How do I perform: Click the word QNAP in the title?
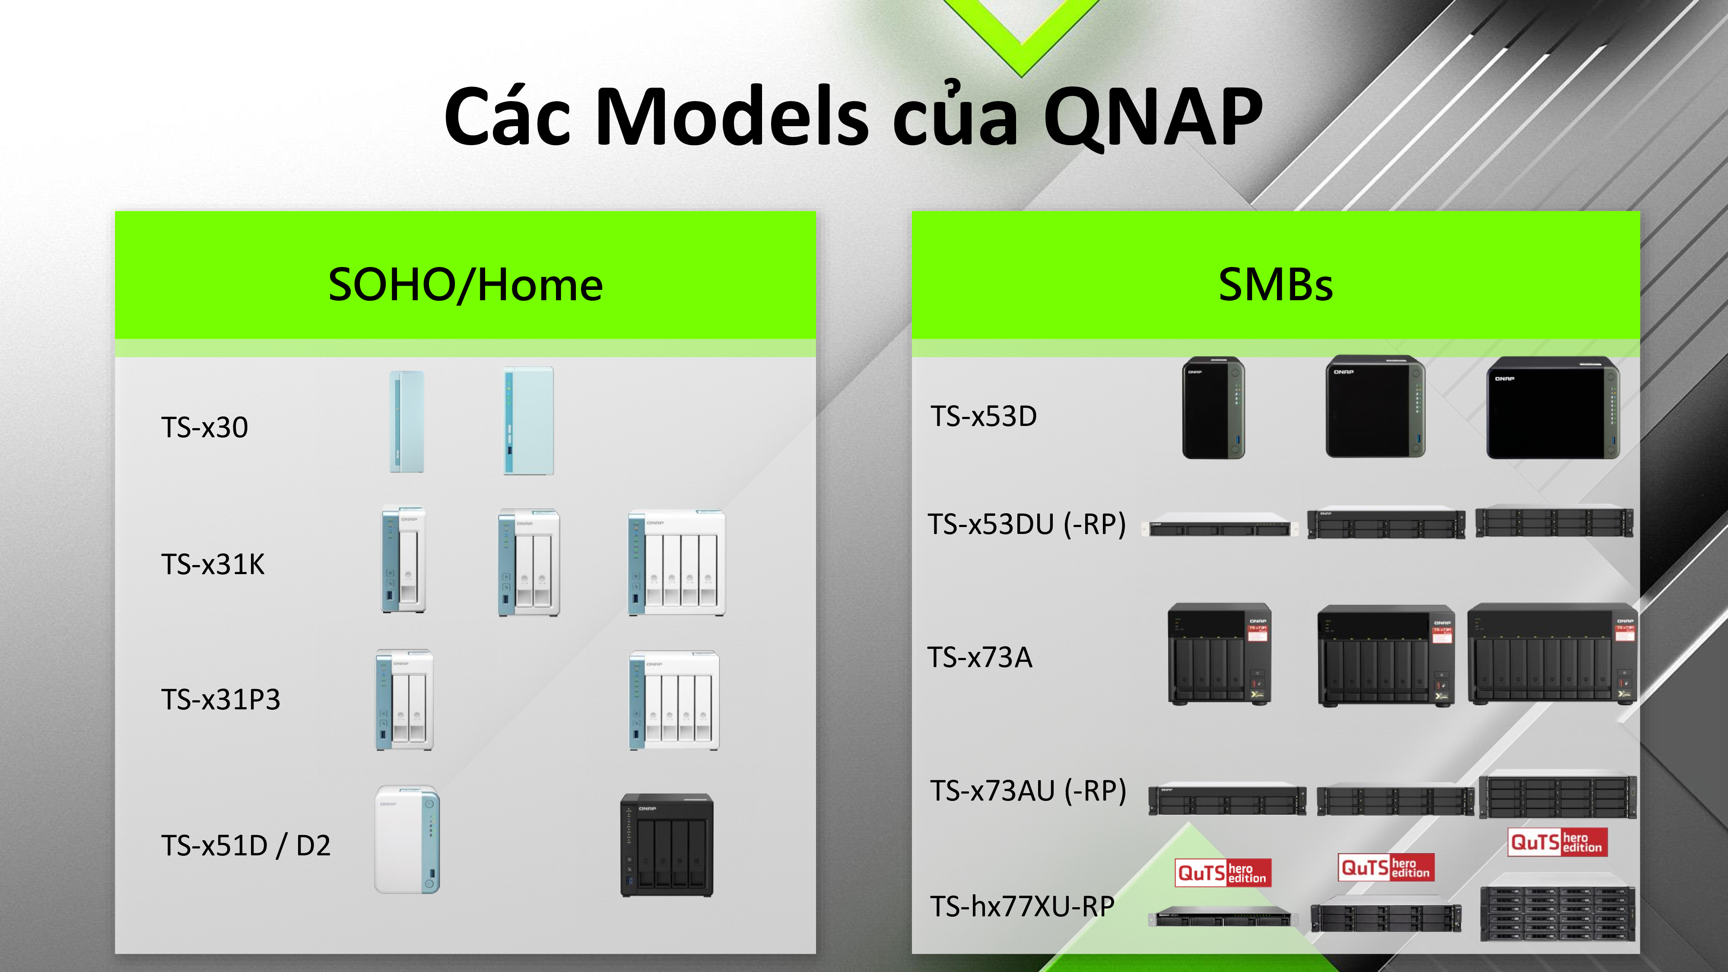pos(1153,118)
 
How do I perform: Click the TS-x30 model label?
pos(205,427)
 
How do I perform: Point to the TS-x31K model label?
pos(213,564)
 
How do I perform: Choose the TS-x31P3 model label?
pos(221,700)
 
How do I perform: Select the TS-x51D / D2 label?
pos(245,845)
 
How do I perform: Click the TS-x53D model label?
pos(983,416)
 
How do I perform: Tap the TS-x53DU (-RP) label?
pos(1026,524)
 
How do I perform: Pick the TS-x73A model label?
pos(979,658)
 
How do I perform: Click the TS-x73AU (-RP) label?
pos(1028,791)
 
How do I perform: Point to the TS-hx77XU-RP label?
pos(1022,906)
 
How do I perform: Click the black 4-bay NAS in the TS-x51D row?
pos(667,845)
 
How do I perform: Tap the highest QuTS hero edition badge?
pos(1558,842)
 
